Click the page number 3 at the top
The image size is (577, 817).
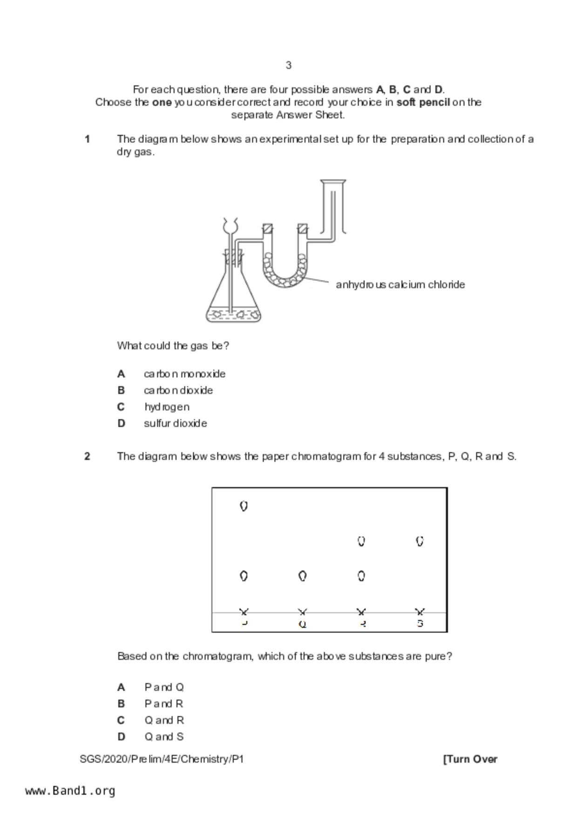[x=289, y=65]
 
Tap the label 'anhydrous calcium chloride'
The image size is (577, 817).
[x=400, y=285]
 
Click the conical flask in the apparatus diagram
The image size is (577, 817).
[x=233, y=298]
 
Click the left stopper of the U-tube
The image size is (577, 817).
[x=267, y=229]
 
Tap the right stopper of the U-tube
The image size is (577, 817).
[x=303, y=229]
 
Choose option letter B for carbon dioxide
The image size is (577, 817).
[x=121, y=390]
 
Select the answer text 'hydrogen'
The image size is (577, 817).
[x=167, y=407]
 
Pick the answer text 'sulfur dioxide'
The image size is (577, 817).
[x=176, y=423]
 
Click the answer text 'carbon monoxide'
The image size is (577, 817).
[x=184, y=374]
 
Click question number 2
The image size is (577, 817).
[x=87, y=456]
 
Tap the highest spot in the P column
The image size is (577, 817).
[x=244, y=506]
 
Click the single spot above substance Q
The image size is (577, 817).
[x=302, y=576]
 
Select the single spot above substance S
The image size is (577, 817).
[x=420, y=541]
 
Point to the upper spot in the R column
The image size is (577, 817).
[x=361, y=541]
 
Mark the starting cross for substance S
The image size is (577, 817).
[x=420, y=612]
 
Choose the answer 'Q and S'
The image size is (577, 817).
[x=164, y=737]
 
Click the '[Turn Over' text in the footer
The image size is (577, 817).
[x=470, y=759]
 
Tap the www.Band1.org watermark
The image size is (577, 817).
[x=70, y=791]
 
